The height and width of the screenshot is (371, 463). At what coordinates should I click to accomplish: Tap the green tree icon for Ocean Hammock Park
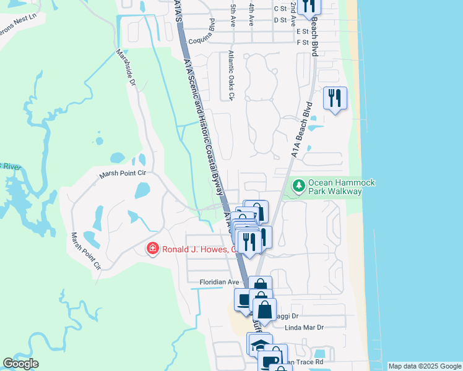(299, 185)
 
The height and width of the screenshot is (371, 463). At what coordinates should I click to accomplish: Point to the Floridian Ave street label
(219, 282)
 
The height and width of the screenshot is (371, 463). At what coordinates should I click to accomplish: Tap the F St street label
(302, 42)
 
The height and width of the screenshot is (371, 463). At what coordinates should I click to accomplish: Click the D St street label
(280, 20)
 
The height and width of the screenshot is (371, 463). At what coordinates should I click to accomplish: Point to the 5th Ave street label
(233, 15)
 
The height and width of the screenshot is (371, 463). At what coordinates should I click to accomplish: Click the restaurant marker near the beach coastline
(335, 99)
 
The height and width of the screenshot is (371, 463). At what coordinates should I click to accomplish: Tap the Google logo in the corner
(20, 364)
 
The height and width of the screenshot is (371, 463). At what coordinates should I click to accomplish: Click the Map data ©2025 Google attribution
(425, 366)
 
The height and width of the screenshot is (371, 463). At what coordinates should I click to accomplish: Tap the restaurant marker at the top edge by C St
(309, 6)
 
